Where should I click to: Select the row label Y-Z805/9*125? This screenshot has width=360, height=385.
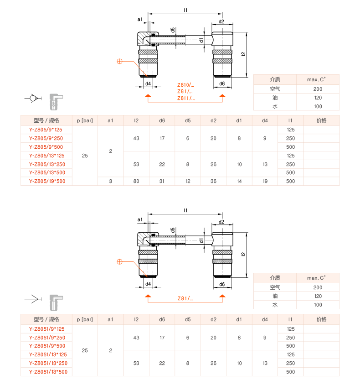46,130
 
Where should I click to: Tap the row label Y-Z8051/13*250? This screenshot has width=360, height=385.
48,363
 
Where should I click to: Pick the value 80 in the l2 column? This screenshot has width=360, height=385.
136,181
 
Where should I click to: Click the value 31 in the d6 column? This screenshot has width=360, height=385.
162,181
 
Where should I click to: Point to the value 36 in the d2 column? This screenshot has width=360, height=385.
213,181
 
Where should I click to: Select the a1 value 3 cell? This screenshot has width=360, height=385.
110,181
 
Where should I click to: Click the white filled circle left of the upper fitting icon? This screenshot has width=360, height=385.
33,98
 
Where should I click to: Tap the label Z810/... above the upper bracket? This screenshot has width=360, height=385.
185,85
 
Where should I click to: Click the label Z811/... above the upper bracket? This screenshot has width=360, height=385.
185,98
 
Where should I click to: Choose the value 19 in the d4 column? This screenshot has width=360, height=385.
265,181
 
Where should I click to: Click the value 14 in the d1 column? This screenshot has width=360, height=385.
239,181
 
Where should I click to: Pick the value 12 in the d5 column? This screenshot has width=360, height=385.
188,181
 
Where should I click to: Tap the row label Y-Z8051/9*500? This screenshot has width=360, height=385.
47,346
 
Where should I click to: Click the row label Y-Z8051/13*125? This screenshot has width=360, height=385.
48,354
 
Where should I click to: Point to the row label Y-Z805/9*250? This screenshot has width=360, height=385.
46,138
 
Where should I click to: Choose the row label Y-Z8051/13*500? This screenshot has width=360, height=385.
48,372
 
